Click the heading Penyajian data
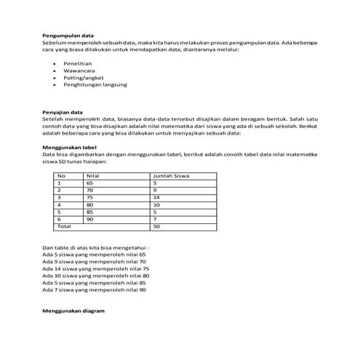coord(63,113)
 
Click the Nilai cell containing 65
coord(89,183)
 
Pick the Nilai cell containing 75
coord(89,198)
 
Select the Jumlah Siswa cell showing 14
coord(156,198)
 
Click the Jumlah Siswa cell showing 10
coord(156,205)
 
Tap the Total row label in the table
coord(65,227)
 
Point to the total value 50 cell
coord(156,227)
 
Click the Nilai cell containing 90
coord(89,220)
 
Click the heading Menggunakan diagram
coord(74,311)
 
